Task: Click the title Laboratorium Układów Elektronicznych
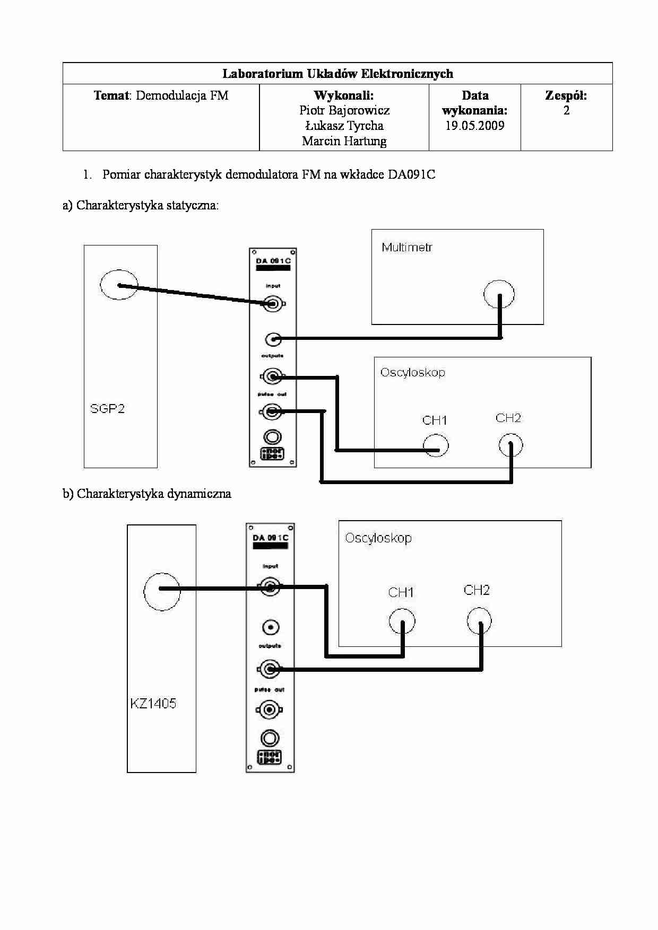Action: click(337, 74)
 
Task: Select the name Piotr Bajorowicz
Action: click(344, 110)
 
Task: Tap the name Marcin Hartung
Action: click(344, 141)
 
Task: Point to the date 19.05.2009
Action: click(474, 126)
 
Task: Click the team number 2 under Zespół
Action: click(566, 110)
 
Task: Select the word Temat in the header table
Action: click(111, 95)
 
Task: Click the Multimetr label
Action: click(406, 247)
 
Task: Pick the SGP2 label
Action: click(107, 408)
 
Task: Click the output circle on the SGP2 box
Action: click(119, 285)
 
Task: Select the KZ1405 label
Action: click(153, 704)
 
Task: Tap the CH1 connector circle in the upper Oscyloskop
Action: click(436, 446)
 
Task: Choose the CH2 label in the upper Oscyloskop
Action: click(508, 418)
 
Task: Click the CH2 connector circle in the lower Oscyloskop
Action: click(479, 621)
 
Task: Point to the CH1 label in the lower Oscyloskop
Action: click(401, 592)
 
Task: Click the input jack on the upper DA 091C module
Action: click(273, 304)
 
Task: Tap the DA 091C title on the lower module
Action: click(270, 538)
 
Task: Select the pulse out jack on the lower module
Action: click(269, 709)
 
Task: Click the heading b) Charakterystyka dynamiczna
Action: click(147, 494)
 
